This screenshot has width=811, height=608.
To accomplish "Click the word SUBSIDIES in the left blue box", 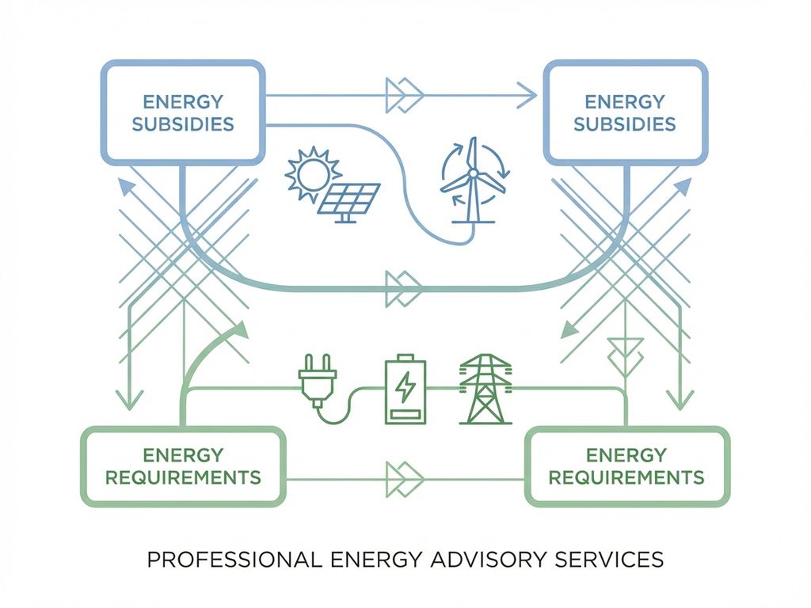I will (183, 124).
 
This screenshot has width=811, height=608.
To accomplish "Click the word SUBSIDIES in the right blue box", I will (625, 124).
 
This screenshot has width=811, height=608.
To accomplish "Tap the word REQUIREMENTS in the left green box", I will (183, 477).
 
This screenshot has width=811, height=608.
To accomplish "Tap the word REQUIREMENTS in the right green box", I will (626, 477).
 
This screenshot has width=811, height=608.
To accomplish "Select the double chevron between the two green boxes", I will (404, 479).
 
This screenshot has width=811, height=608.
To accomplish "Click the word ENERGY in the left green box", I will (183, 455).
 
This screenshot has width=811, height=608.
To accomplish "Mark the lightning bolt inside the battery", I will (405, 386).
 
